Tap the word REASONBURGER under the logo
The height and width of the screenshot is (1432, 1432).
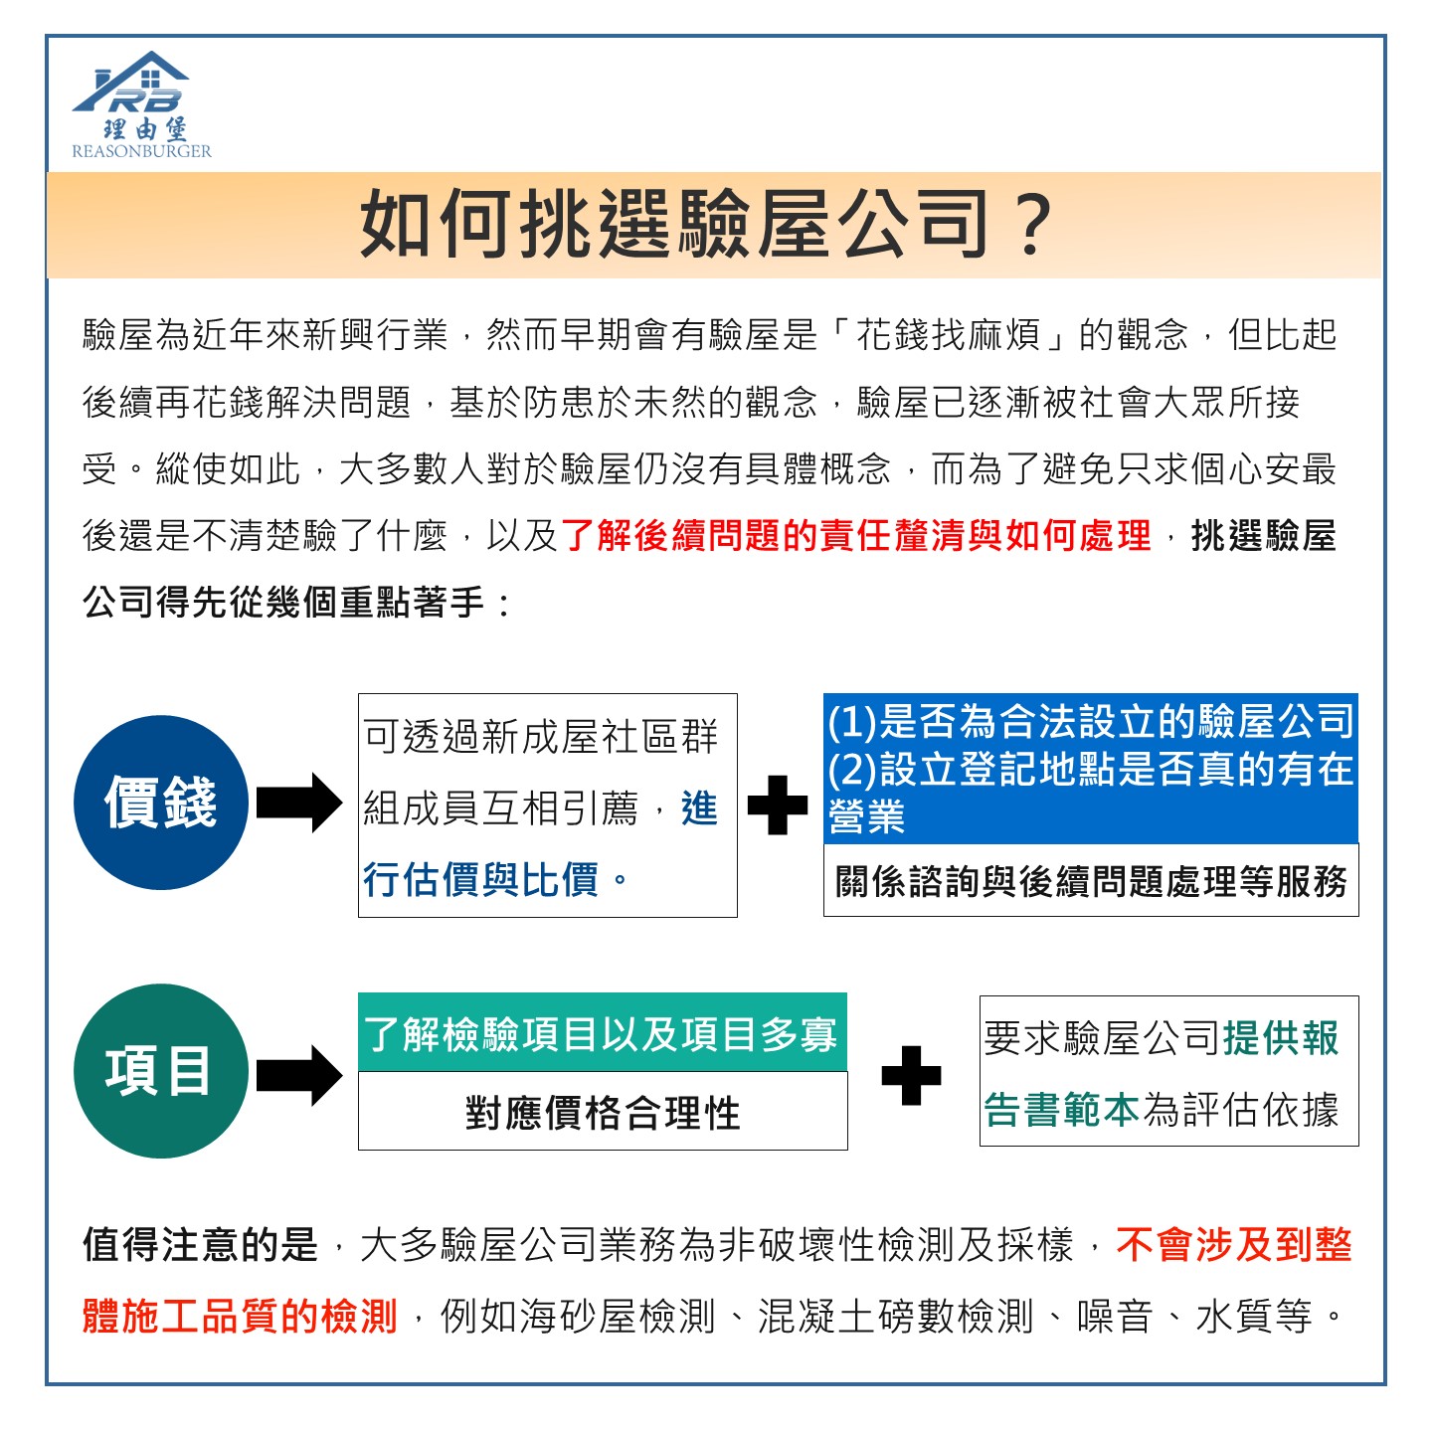point(142,151)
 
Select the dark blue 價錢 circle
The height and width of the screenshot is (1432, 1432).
point(161,803)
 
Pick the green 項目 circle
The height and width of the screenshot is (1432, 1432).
point(161,1071)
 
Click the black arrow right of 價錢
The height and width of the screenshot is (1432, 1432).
point(299,803)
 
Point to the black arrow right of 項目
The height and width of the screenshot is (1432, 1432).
point(299,1075)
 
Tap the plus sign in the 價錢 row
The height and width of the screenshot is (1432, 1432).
point(778,805)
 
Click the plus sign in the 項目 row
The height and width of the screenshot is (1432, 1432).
point(911,1075)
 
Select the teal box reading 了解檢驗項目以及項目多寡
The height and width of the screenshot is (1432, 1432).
point(603,1032)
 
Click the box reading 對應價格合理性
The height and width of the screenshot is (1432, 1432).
point(603,1111)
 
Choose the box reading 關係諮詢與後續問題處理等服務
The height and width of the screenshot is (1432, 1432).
point(1091,881)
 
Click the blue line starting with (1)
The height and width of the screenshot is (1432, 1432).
point(1091,722)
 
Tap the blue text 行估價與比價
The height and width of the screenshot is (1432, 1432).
point(480,880)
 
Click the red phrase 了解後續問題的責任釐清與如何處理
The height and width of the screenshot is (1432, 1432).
point(855,535)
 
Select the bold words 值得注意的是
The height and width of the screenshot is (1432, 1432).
point(201,1245)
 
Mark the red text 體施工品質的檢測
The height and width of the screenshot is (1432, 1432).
point(240,1316)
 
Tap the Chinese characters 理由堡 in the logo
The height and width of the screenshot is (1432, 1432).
point(145,129)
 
